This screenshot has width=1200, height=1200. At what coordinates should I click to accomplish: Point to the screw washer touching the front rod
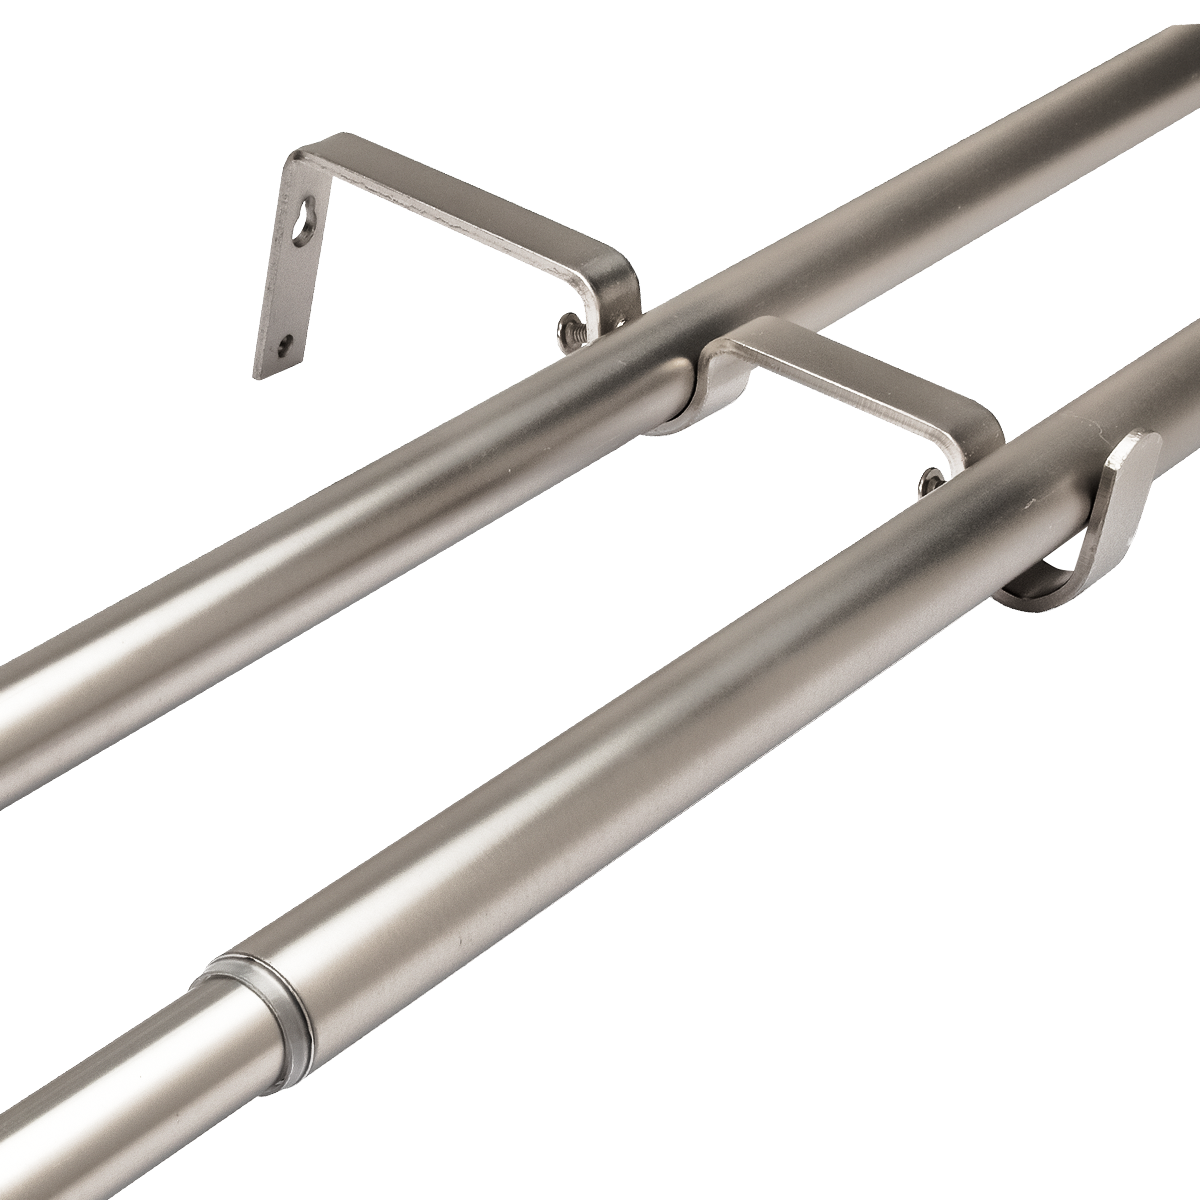pyautogui.click(x=928, y=483)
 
